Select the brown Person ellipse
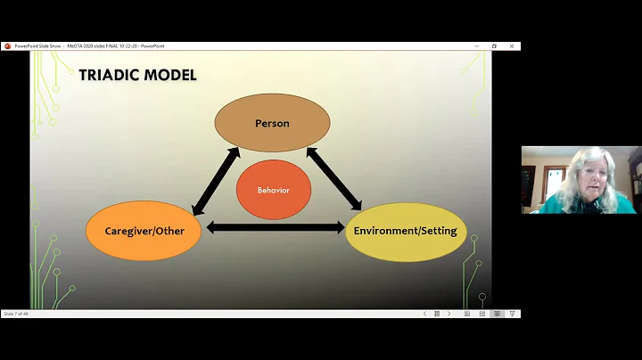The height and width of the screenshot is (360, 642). (272, 123)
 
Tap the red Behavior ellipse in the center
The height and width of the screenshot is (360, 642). (273, 190)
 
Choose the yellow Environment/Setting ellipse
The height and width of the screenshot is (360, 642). (405, 231)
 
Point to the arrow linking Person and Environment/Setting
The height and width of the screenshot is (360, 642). (334, 178)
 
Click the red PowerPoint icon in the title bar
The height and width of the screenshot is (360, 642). (7, 46)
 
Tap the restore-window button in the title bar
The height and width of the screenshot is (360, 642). (494, 46)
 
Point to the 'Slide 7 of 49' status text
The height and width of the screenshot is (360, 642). (20, 314)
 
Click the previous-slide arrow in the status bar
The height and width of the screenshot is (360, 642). (424, 314)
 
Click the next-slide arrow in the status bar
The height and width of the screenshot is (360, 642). (449, 314)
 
